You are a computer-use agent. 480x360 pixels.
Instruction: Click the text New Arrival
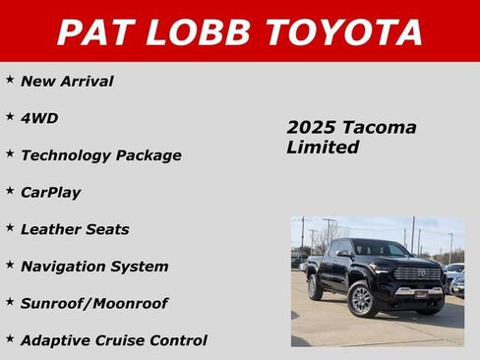pos(67,82)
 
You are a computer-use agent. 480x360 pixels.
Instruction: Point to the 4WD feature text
pos(39,118)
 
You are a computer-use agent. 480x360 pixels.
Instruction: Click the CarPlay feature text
pos(50,193)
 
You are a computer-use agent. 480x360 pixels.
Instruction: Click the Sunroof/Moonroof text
pos(93,304)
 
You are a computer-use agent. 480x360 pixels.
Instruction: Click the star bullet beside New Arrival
pos(10,79)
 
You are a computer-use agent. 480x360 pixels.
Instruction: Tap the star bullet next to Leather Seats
pos(10,227)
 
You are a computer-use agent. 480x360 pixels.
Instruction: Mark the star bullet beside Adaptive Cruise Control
pos(10,338)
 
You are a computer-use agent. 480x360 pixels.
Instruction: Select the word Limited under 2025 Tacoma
pos(323,148)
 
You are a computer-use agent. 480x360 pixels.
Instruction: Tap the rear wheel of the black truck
pos(315,288)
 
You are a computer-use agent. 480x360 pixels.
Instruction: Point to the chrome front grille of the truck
pos(417,274)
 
